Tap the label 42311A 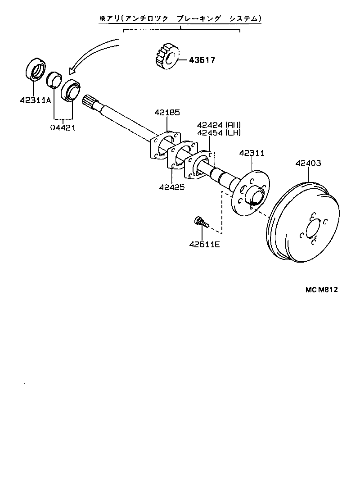tap(35, 100)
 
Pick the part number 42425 tap(171, 186)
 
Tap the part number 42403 tap(308, 163)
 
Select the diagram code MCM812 tap(319, 289)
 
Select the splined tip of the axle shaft tap(89, 101)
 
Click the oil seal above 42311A tap(34, 68)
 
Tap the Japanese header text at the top tap(180, 18)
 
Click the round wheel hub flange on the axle tap(250, 192)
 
